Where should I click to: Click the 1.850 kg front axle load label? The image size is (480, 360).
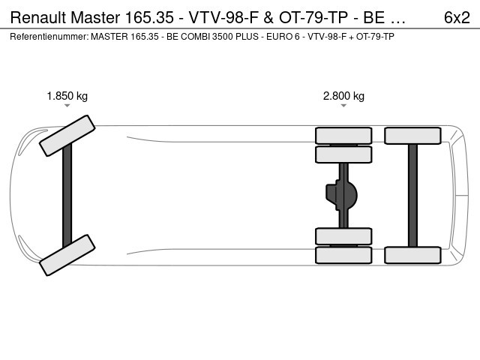(x=67, y=96)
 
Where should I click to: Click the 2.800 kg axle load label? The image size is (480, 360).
(x=343, y=96)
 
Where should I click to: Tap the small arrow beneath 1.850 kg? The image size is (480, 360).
(x=67, y=106)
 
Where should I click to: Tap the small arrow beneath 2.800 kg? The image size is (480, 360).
(x=343, y=106)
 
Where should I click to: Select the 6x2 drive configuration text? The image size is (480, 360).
(x=457, y=17)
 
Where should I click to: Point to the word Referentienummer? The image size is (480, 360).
(x=49, y=37)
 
